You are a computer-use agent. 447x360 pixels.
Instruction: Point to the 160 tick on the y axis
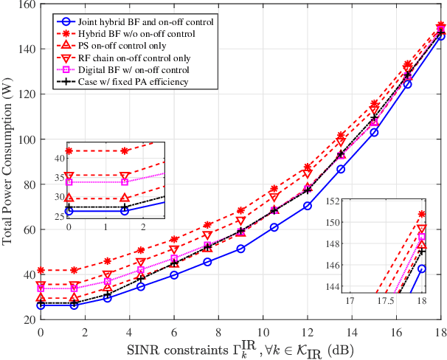[x=25, y=4]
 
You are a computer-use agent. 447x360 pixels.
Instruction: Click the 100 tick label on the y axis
[x=25, y=139]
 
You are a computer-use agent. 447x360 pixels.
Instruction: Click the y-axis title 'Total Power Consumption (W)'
[x=8, y=162]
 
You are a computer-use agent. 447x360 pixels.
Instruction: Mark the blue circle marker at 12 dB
[x=308, y=206]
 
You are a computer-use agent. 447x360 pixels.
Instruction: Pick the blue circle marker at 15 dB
[x=374, y=132]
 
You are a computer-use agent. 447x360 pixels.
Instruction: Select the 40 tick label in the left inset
[x=58, y=159]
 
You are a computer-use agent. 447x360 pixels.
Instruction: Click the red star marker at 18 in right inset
[x=422, y=214]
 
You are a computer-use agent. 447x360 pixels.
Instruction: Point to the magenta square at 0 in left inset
[x=69, y=181]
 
